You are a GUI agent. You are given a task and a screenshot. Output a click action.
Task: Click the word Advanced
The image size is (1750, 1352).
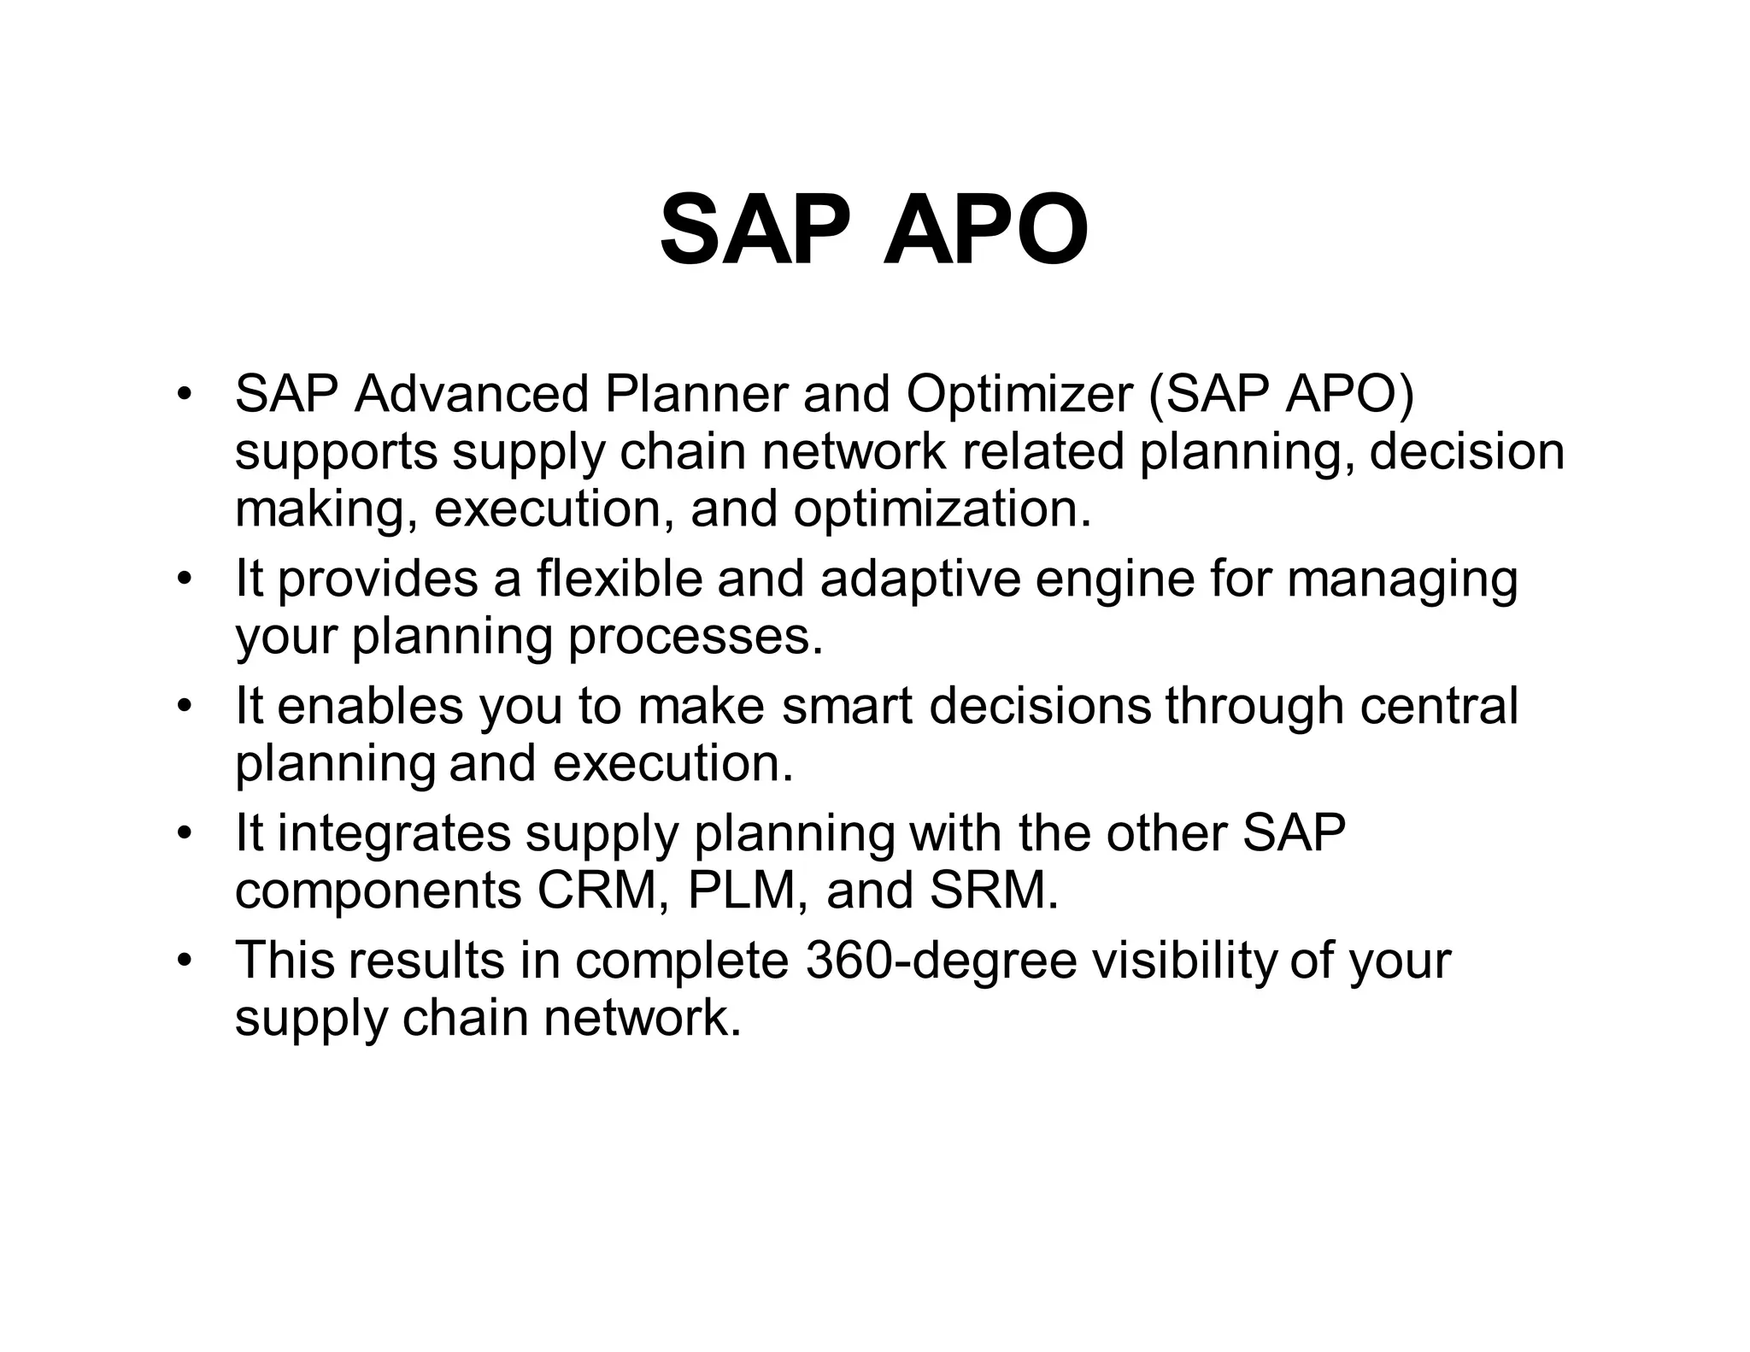[471, 394]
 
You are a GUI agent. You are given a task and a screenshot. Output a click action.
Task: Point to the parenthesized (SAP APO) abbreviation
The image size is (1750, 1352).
[1281, 394]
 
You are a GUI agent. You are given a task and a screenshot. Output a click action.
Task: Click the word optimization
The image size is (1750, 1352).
[942, 509]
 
